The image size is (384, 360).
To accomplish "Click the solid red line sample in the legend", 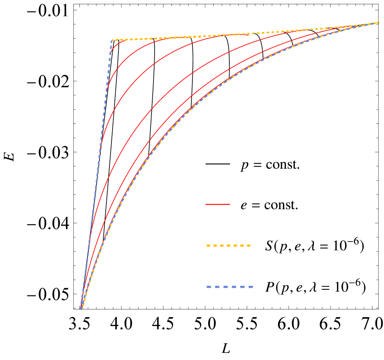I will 218,204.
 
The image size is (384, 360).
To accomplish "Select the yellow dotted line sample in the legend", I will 229,245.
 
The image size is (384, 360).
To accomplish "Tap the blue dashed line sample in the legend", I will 230,287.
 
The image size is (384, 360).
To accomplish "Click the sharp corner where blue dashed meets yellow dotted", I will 112,40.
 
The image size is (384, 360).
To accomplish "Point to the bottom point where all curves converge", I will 81,308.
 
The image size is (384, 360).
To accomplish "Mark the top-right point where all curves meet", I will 378,23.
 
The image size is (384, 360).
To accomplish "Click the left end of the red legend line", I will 206,204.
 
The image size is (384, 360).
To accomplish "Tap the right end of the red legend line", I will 230,204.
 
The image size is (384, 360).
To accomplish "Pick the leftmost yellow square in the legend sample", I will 208,245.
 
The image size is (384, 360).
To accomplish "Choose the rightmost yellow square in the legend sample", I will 249,245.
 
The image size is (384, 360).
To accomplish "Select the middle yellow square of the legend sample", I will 229,245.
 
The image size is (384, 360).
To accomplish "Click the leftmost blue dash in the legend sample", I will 209,287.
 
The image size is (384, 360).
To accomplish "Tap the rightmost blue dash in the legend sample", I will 250,287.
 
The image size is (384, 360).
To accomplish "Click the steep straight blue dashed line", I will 96,174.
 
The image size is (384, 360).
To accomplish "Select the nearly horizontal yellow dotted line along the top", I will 231,34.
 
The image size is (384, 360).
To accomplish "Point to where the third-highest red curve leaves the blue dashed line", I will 100,149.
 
